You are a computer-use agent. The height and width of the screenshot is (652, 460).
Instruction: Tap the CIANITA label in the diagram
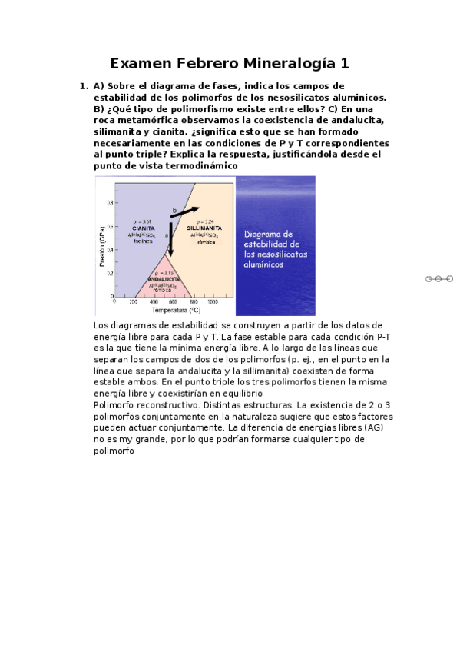144,228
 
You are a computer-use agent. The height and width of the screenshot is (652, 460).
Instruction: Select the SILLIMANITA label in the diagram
204,228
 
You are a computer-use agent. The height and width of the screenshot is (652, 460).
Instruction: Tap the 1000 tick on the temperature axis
212,302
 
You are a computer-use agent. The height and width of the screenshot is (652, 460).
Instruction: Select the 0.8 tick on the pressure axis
109,203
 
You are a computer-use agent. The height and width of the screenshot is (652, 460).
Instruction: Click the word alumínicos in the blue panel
263,264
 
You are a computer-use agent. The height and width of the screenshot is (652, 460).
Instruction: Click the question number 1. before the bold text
84,86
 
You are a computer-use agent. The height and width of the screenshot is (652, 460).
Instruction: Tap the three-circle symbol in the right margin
439,278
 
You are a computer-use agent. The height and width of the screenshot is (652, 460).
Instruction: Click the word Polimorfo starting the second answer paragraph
116,404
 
